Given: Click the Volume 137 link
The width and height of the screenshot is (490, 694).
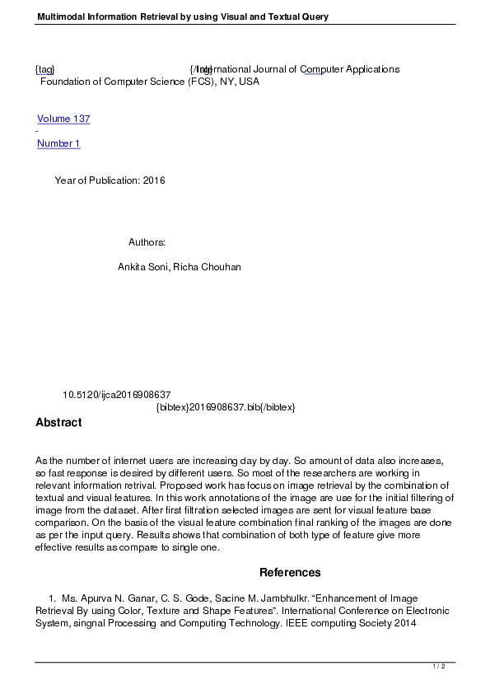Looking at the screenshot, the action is pyautogui.click(x=63, y=119).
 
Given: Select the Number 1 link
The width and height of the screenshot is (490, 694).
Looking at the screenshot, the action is pyautogui.click(x=58, y=143).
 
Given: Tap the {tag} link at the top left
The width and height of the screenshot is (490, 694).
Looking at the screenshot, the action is pyautogui.click(x=44, y=69).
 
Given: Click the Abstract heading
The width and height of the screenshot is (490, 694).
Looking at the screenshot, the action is pyautogui.click(x=58, y=423).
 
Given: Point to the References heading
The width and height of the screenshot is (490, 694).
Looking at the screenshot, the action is pyautogui.click(x=290, y=572).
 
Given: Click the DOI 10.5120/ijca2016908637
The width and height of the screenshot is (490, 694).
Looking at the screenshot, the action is pyautogui.click(x=116, y=395).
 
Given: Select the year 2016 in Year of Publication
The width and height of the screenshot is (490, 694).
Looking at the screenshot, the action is pyautogui.click(x=154, y=181).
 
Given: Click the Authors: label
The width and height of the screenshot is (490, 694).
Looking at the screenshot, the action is pyautogui.click(x=147, y=242).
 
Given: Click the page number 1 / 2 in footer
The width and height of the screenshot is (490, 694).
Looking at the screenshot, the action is pyautogui.click(x=440, y=666).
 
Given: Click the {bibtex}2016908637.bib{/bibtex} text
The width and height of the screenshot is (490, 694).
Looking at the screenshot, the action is pyautogui.click(x=225, y=407).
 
